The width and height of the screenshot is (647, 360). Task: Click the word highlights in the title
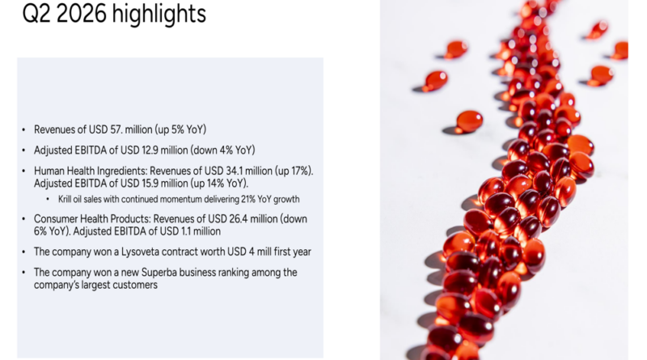click(x=159, y=14)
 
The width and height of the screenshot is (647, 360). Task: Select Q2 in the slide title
click(x=36, y=14)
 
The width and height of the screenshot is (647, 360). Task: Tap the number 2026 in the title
click(x=82, y=14)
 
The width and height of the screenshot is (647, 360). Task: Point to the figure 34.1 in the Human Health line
click(x=235, y=171)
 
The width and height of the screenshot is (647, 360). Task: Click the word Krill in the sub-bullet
click(x=65, y=199)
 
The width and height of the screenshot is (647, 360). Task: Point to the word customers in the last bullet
click(x=136, y=285)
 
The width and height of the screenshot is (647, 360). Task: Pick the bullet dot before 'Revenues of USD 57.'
click(x=23, y=129)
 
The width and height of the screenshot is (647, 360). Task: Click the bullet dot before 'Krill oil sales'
click(x=48, y=199)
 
